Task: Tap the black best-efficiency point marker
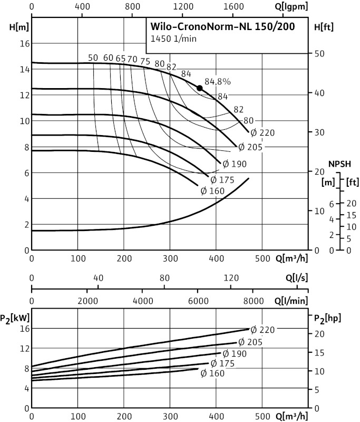pos(199,88)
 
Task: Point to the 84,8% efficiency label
pos(218,82)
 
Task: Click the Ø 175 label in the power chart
pos(222,363)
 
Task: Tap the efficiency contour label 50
pos(93,58)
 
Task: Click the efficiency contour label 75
pos(145,61)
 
